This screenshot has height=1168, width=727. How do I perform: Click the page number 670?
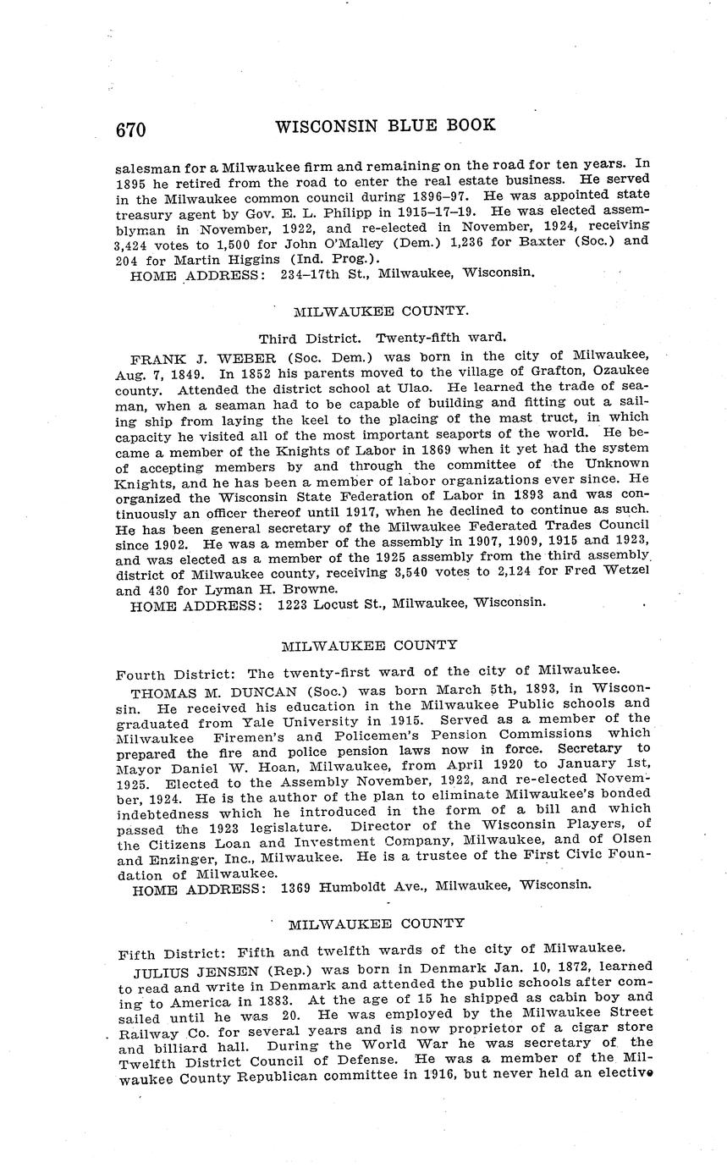click(131, 129)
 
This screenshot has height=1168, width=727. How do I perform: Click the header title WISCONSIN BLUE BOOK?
click(385, 126)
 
